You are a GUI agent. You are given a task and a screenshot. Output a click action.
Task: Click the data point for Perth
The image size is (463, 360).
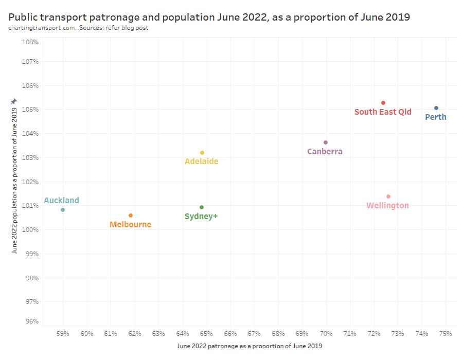point(436,108)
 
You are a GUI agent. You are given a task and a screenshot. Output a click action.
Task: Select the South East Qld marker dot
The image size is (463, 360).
point(383,103)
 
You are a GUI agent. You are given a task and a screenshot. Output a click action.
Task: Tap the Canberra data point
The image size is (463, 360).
point(326,142)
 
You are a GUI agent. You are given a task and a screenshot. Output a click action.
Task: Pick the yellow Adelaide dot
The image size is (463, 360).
point(202,153)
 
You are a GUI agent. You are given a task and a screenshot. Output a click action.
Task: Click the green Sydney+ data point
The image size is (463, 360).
point(202,207)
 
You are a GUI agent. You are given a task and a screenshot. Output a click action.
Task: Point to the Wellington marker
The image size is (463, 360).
point(388,196)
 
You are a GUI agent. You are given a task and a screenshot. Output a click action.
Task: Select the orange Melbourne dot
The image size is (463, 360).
point(131,215)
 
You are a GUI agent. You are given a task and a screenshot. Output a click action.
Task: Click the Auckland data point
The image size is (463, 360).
point(63,210)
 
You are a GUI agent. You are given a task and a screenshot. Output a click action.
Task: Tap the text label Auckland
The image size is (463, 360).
point(62,201)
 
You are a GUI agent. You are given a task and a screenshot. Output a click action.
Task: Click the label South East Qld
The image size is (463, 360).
point(383,112)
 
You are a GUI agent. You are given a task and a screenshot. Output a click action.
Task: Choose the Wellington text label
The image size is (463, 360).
point(387,206)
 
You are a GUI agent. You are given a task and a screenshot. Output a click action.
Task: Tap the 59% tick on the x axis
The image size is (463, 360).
point(63,333)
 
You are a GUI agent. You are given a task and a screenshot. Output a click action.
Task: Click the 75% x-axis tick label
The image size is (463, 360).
point(446,333)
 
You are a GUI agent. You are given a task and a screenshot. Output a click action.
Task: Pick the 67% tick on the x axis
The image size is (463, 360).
point(254,333)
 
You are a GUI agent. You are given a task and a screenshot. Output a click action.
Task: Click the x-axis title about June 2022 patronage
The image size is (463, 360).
point(250,346)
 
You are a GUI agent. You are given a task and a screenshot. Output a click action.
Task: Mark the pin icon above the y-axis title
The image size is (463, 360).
point(14,101)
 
